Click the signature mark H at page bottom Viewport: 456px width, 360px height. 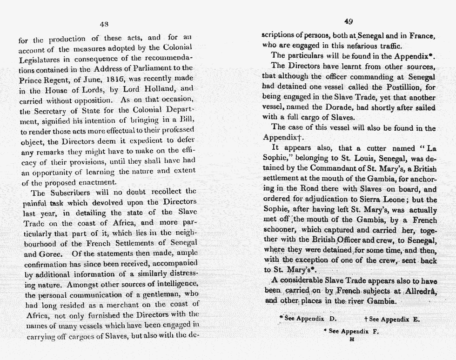(x=352, y=340)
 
